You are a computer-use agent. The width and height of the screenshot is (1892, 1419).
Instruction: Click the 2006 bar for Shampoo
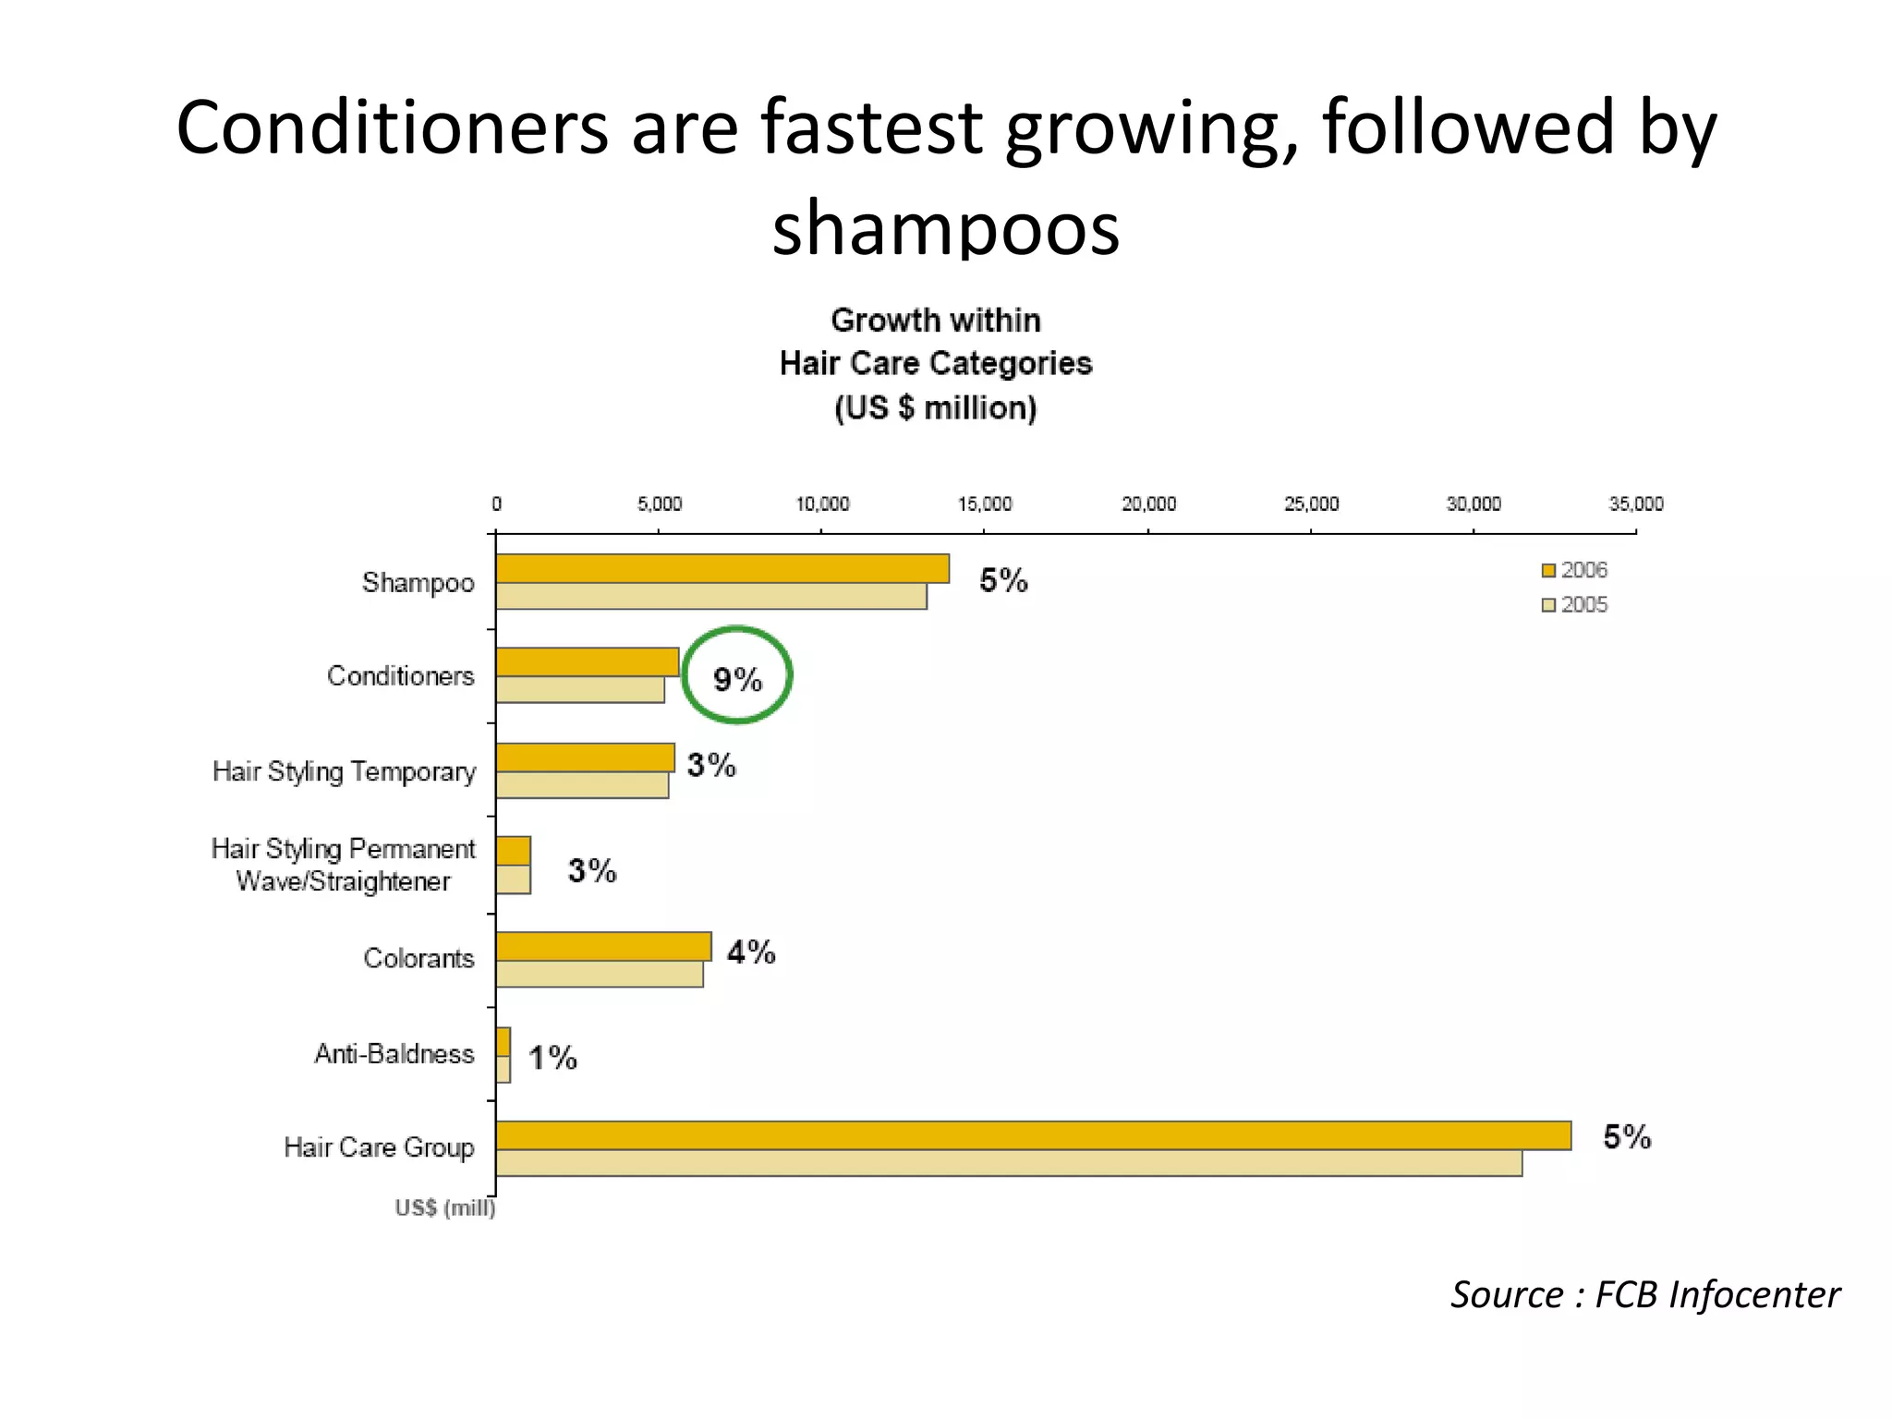722,568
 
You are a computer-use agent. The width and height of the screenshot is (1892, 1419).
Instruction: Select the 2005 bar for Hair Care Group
1009,1163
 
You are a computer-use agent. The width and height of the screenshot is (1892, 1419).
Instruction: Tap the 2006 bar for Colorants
603,946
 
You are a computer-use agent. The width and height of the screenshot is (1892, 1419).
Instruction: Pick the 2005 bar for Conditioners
580,690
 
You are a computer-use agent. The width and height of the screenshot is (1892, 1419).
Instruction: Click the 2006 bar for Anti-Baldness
503,1042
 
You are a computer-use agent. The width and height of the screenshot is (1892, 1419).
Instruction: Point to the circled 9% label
737,680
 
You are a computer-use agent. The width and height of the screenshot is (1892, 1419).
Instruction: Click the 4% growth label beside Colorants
751,952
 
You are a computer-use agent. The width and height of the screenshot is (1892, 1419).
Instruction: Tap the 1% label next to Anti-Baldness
552,1058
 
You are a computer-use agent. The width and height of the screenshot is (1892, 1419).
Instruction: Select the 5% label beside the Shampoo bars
1003,581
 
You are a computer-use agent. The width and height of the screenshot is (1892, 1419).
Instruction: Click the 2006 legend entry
1574,570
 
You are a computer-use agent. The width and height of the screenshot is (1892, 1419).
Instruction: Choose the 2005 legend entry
1574,605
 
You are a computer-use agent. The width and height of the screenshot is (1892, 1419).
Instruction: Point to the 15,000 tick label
985,504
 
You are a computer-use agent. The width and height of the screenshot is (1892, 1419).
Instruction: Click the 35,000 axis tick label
1635,504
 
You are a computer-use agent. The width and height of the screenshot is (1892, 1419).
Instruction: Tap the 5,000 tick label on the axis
659,504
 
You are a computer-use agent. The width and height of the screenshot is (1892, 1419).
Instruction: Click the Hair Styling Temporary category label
344,771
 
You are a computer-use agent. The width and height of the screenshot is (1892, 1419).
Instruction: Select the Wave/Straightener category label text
343,881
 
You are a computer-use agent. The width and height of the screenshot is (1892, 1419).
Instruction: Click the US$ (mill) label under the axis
444,1208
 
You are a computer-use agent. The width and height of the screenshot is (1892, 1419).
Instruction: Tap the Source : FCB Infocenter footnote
1644,1294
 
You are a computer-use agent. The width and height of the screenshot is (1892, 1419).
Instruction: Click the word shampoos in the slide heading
945,227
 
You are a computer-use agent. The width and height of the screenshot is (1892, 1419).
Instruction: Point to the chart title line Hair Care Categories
935,364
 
